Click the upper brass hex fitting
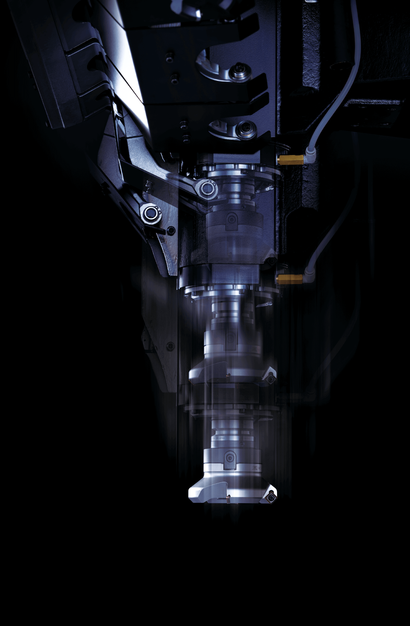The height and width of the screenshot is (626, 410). [291, 160]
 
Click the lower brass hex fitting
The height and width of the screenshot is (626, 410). [289, 279]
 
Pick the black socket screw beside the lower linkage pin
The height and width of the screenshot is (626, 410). [171, 230]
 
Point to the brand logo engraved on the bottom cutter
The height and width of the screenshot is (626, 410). [255, 468]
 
